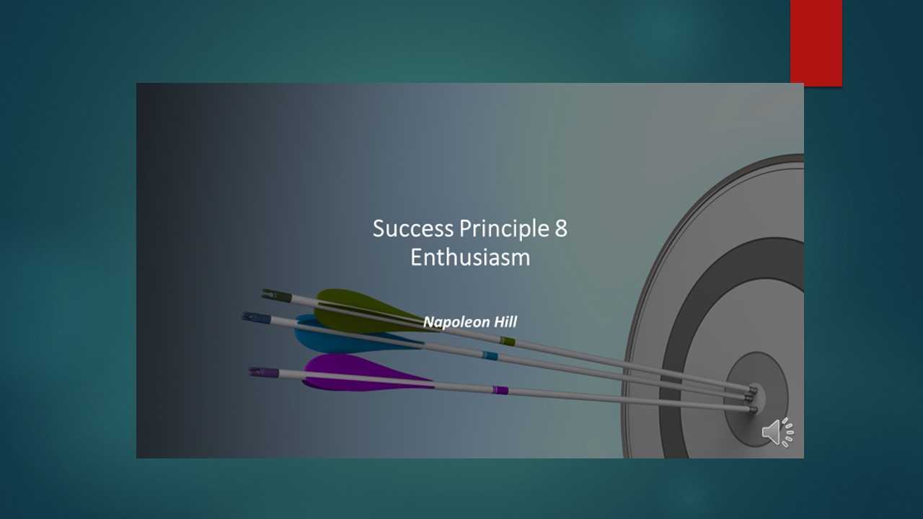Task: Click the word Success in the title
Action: point(413,229)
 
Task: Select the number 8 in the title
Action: point(561,229)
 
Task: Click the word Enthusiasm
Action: point(470,257)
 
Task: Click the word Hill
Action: point(505,321)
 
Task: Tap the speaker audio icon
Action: point(777,432)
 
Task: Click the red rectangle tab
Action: point(816,43)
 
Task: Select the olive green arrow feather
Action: point(363,309)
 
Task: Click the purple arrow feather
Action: point(363,372)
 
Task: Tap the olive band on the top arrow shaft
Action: point(507,341)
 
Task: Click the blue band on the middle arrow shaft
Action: point(490,355)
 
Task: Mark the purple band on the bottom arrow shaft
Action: point(500,390)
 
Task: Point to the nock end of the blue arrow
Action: point(256,318)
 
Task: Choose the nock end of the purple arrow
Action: point(264,373)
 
